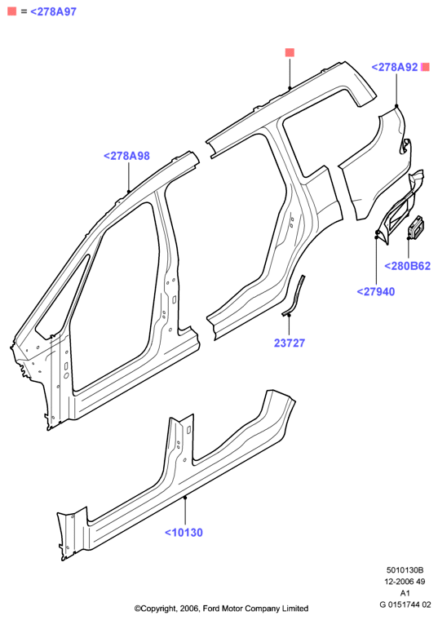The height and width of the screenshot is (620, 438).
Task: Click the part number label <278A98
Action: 126,156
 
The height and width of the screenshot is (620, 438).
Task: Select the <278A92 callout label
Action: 395,67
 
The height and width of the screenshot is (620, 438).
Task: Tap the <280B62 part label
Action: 408,266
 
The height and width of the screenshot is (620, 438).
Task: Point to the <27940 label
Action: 375,292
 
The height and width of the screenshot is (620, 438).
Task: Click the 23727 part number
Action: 290,343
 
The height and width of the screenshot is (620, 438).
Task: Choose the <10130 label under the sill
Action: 184,533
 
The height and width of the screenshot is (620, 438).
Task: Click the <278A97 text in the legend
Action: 53,12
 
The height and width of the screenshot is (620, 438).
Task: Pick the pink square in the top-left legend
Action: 12,11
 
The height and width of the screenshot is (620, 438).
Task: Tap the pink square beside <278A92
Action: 425,67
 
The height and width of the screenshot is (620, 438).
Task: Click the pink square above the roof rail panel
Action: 290,52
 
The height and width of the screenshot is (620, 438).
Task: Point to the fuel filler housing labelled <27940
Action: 400,207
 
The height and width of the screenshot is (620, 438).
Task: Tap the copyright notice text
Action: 221,609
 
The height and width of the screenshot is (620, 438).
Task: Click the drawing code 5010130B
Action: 405,570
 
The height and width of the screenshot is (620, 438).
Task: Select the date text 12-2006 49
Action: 405,582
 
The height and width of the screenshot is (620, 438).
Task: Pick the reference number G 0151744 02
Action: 405,604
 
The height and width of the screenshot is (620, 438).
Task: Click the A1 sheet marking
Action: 405,593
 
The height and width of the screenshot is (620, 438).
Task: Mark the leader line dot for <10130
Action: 185,498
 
